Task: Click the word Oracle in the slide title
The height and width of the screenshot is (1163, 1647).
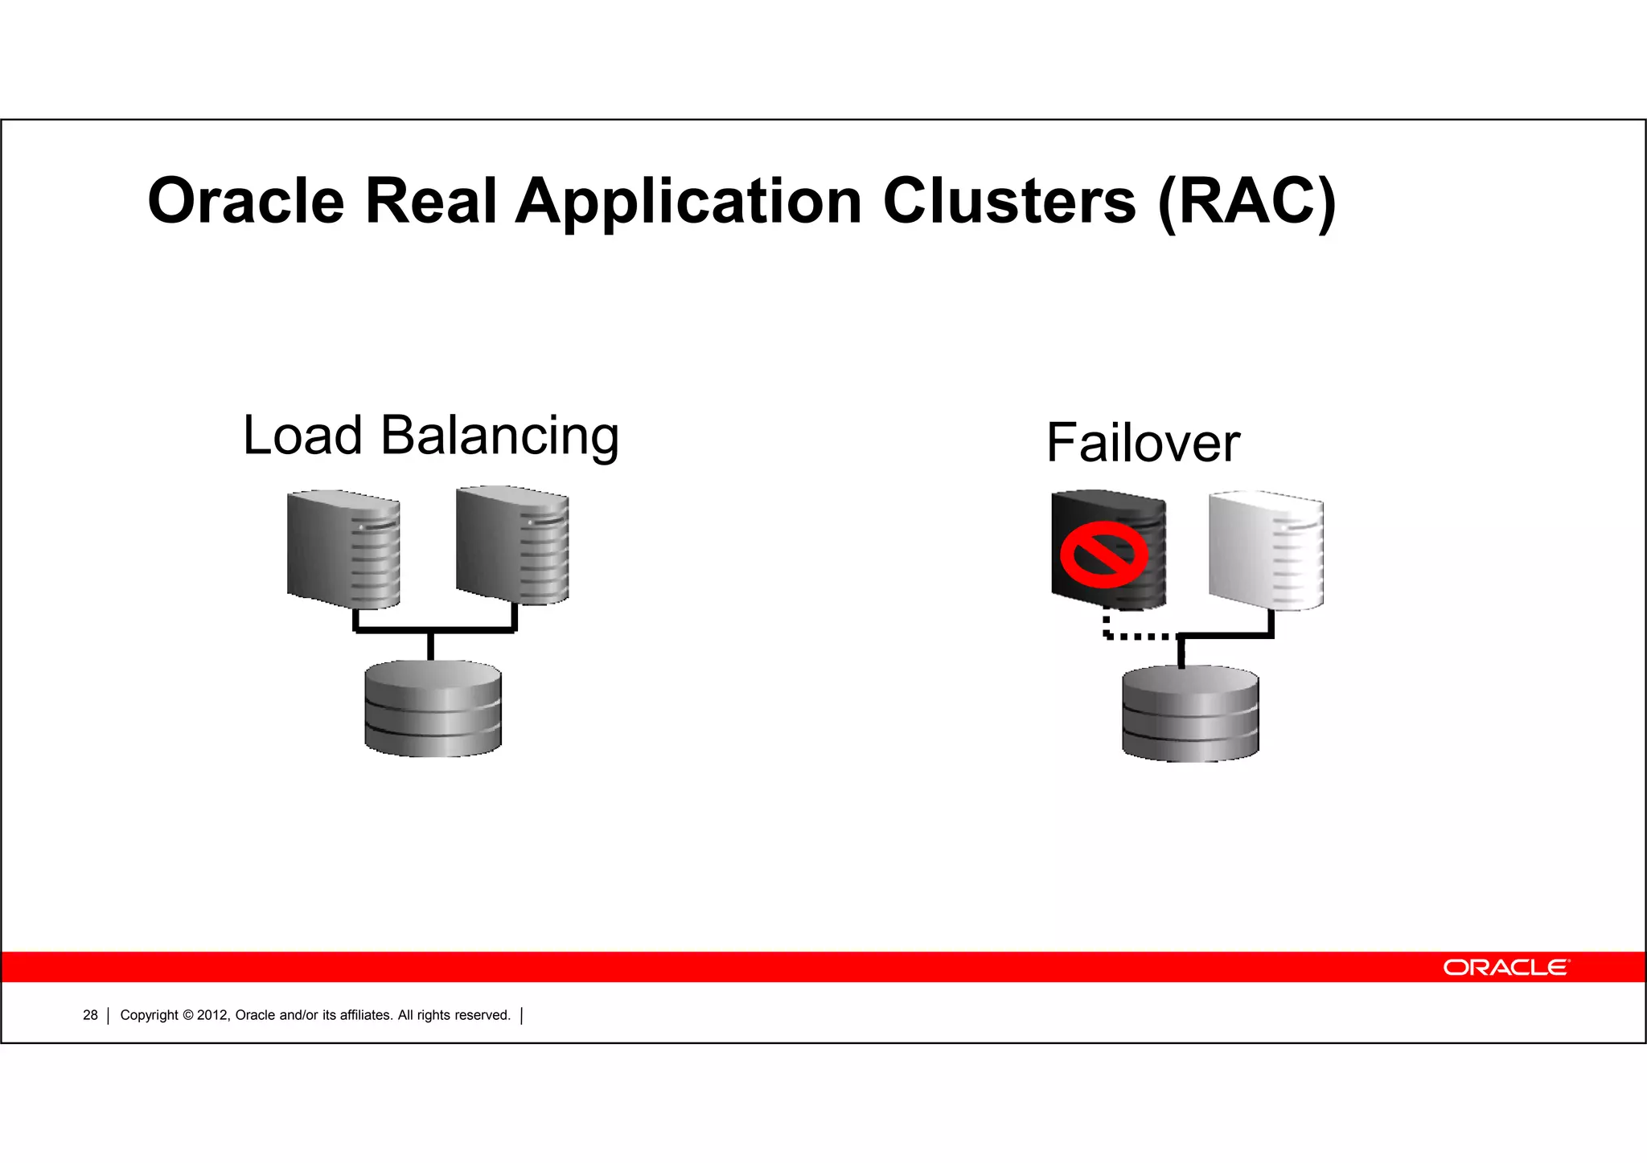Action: [x=246, y=201]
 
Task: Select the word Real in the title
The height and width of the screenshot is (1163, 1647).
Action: [x=431, y=201]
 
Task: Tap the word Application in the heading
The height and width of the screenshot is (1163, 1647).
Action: [x=688, y=203]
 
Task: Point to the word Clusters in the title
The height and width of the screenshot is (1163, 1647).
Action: [x=1009, y=201]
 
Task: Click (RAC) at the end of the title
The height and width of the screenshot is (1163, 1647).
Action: [x=1247, y=203]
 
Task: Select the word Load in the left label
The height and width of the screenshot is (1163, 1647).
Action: [x=302, y=436]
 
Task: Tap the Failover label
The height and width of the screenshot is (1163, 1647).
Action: [x=1143, y=443]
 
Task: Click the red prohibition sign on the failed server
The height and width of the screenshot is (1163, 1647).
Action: [x=1103, y=553]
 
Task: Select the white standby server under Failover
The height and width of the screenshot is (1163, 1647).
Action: [x=1266, y=551]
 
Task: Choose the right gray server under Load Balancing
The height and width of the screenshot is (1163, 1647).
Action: [x=512, y=545]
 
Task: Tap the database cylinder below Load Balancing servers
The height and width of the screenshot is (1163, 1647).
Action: [x=433, y=708]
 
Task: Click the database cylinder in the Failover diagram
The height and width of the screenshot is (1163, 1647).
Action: [x=1190, y=714]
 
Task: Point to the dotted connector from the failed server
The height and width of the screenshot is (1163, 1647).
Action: [x=1134, y=635]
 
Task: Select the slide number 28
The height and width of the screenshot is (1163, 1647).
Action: [x=90, y=1015]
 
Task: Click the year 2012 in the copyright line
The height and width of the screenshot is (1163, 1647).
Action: [x=212, y=1015]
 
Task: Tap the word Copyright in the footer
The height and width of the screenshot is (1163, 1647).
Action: [x=149, y=1015]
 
